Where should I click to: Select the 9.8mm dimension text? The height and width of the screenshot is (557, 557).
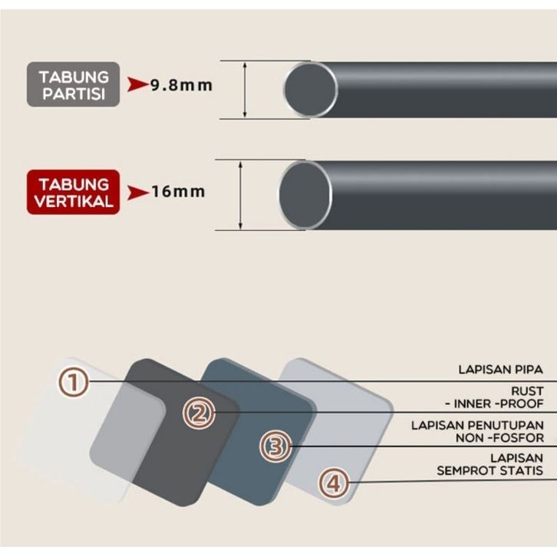click(x=181, y=84)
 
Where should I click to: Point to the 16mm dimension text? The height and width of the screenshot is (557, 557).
click(x=178, y=191)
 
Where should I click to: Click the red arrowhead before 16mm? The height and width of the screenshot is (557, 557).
click(x=137, y=192)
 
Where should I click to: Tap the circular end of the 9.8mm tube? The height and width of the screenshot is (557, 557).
click(x=310, y=90)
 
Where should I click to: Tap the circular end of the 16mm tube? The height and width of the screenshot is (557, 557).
click(x=305, y=194)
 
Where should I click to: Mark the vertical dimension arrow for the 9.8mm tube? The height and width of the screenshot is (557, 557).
click(x=245, y=90)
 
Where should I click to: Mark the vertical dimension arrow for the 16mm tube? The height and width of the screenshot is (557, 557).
click(x=241, y=194)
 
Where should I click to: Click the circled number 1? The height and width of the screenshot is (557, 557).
click(x=74, y=381)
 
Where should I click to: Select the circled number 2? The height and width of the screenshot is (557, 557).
click(x=199, y=414)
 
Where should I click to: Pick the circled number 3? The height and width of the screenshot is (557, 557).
click(x=275, y=446)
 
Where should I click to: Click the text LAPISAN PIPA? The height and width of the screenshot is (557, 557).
click(x=500, y=370)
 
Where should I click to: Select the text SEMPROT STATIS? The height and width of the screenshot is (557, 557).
click(x=490, y=470)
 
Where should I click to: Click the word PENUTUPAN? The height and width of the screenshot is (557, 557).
click(x=508, y=425)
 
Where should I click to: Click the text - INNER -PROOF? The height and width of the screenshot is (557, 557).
click(x=493, y=404)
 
